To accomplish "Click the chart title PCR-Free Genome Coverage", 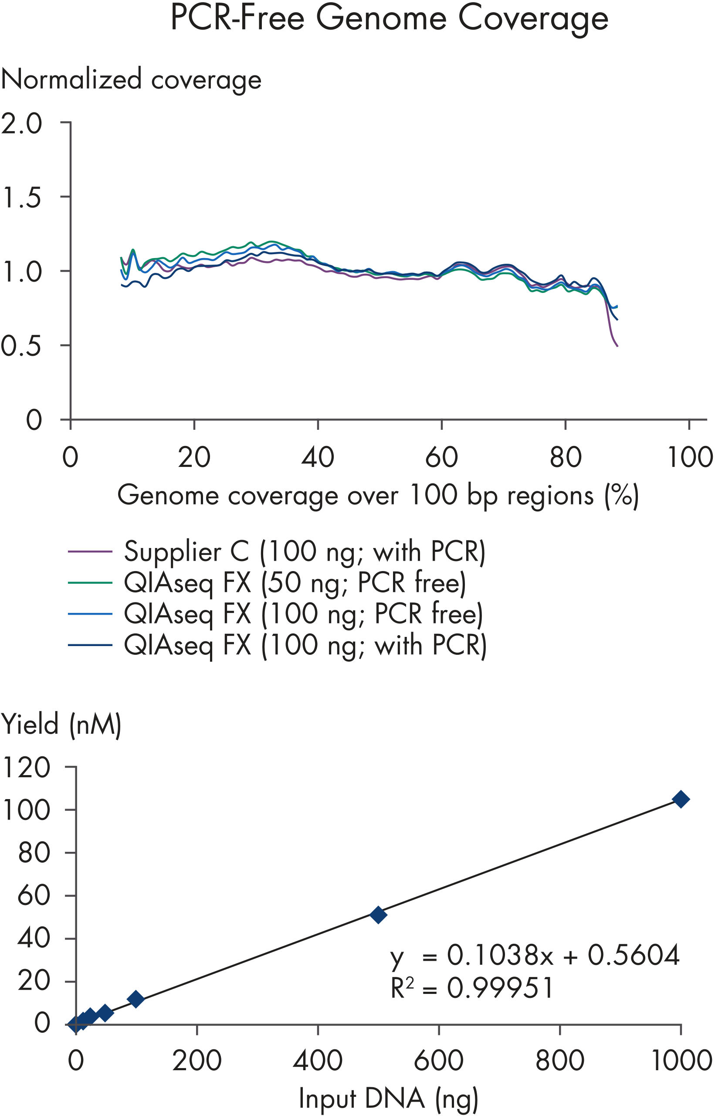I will [x=389, y=19].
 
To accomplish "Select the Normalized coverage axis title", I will [x=132, y=79].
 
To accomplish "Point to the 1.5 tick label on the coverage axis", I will [x=21, y=198].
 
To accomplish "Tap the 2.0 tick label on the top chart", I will [x=21, y=124].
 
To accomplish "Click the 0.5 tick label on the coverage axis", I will [x=21, y=347].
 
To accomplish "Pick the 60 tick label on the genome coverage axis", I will [x=441, y=457].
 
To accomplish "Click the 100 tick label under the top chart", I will [x=689, y=457].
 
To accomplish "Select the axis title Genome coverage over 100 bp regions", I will [x=378, y=495].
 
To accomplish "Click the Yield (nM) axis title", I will [x=61, y=724].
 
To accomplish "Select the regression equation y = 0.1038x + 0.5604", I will [x=535, y=955].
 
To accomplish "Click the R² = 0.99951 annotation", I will [x=472, y=988].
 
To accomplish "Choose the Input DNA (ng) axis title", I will [x=388, y=1099].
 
